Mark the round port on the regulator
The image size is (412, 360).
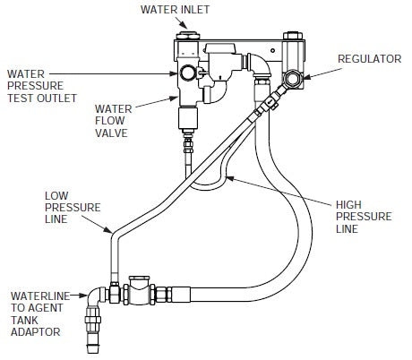click(x=294, y=79)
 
